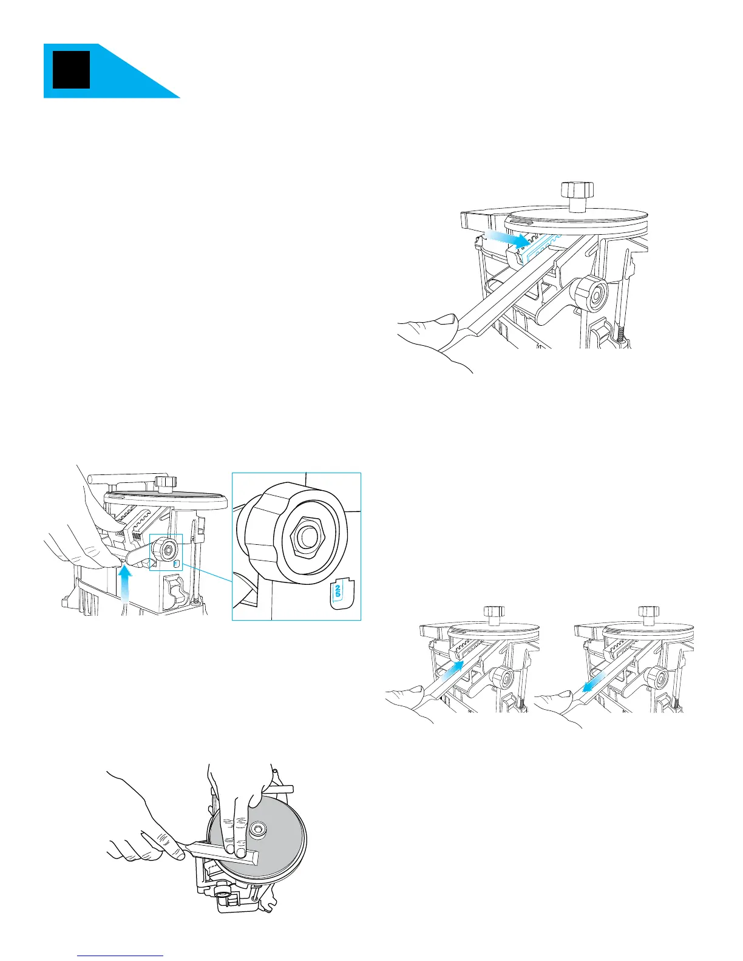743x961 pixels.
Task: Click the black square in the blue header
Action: (72, 70)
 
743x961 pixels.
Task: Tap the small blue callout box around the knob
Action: (166, 552)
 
